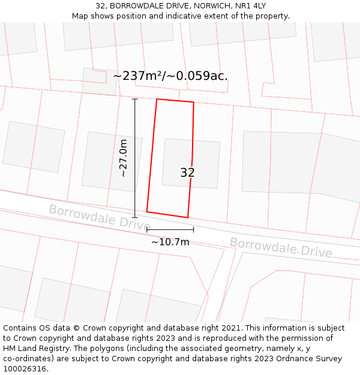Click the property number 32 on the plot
pos(187,173)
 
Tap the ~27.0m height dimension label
pos(124,158)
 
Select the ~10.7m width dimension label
pos(170,242)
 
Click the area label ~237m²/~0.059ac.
pos(170,76)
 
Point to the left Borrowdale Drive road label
pos(100,217)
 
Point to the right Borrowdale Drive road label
pos(281,247)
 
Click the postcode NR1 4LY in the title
pos(253,6)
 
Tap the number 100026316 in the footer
pos(24,368)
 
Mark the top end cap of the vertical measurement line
pos(134,99)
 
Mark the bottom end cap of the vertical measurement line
pos(134,217)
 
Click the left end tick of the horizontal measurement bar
pos(147,229)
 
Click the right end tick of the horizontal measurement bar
pos(193,229)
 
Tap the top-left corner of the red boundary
pos(157,99)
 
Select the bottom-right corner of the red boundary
pos(188,218)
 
